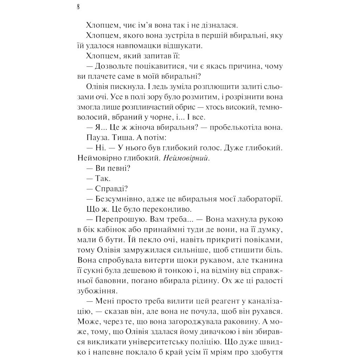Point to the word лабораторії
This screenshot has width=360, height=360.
[x=257, y=199]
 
